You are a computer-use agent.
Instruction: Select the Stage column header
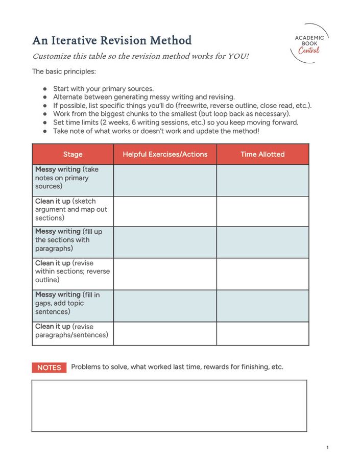[x=73, y=154]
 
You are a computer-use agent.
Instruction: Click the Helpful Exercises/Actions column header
[x=165, y=154]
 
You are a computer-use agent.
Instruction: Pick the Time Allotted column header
[x=262, y=154]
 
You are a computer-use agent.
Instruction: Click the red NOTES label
[x=49, y=367]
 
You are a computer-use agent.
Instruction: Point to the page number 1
[x=327, y=448]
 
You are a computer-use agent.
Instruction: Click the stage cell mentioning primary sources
[x=73, y=178]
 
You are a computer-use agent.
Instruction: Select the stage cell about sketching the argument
[x=73, y=210]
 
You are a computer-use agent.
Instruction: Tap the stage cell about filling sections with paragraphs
[x=73, y=240]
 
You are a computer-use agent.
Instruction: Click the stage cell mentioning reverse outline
[x=73, y=272]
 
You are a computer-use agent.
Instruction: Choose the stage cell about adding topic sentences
[x=73, y=303]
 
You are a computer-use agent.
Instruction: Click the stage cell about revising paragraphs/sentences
[x=73, y=331]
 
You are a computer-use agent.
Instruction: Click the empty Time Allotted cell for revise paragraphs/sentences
[x=262, y=333]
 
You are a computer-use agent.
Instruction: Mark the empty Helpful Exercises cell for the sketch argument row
[x=165, y=211]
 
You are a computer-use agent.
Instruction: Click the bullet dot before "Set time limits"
[x=45, y=122]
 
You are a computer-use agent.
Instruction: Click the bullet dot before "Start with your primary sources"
[x=45, y=88]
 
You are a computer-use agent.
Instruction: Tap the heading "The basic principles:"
[x=64, y=71]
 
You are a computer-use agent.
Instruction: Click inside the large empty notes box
[x=169, y=406]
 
